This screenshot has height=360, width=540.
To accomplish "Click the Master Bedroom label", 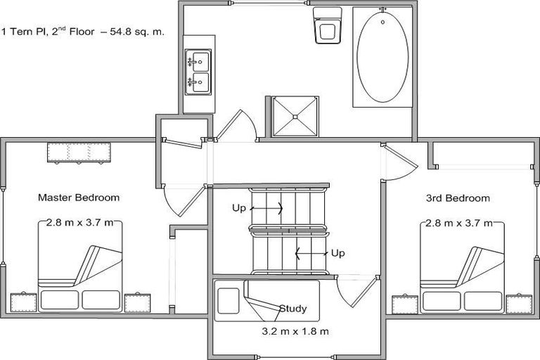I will (78, 198).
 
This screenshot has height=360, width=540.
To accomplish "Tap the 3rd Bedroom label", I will (458, 198).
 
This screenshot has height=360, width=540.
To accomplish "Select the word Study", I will (293, 308).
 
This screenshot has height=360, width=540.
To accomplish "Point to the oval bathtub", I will (382, 58).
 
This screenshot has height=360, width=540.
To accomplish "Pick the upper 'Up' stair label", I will (240, 208).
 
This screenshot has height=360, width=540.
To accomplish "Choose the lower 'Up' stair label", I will (338, 252).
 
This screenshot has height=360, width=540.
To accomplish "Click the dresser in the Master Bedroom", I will (79, 152).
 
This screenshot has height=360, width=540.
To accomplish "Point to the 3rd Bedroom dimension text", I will (461, 224).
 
